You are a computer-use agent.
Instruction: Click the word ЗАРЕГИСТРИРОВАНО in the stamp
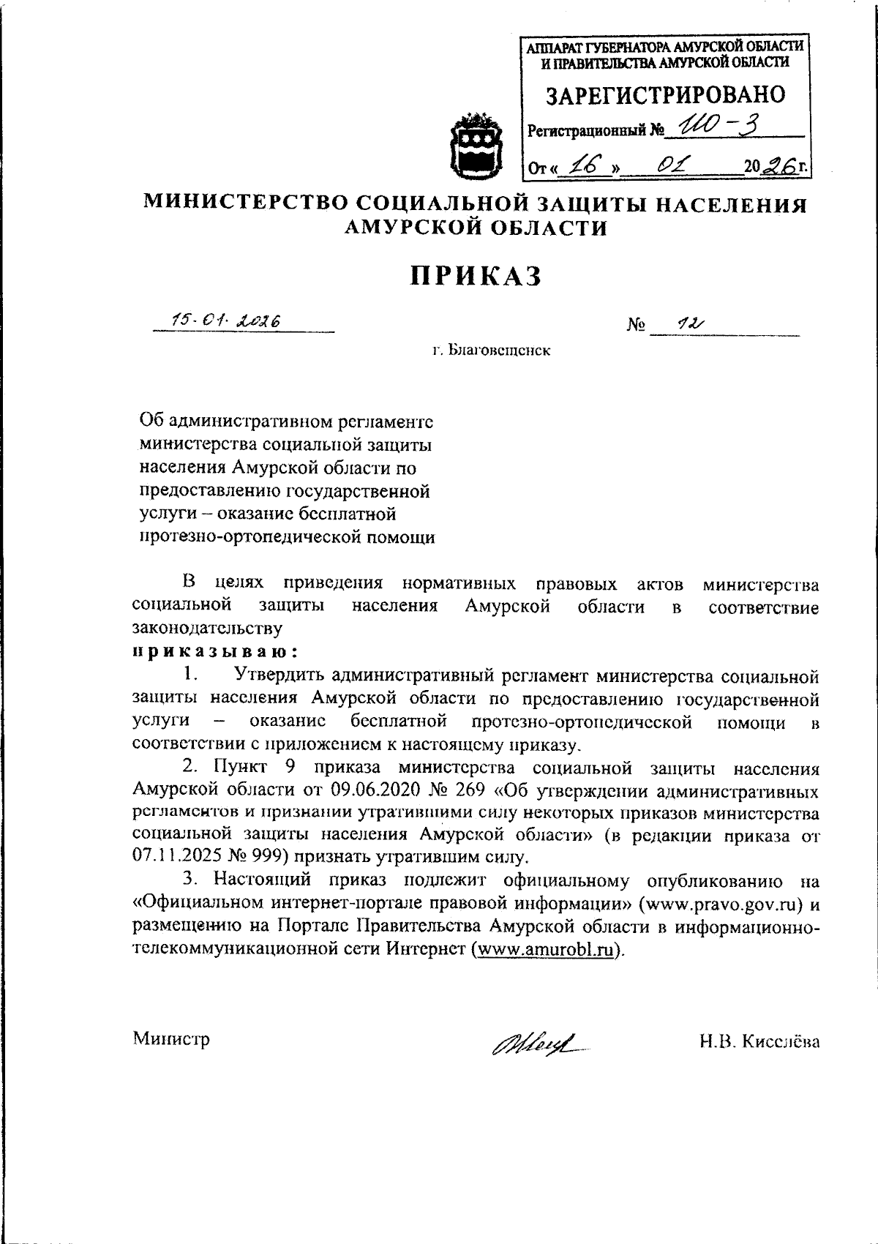tap(667, 95)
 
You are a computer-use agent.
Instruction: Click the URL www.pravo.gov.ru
tap(721, 904)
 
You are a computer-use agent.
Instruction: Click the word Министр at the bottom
tap(171, 1038)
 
